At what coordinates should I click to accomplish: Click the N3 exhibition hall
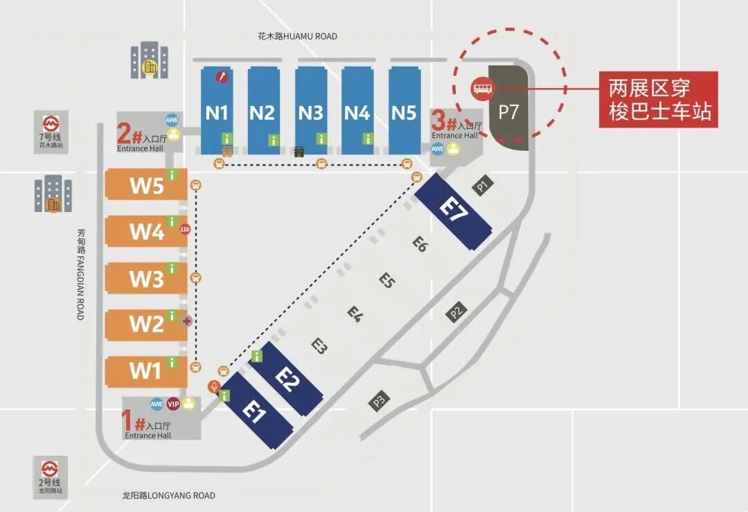coord(311,111)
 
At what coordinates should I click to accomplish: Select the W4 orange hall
coord(146,231)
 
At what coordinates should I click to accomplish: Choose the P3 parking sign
coord(380,400)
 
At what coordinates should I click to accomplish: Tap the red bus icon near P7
coord(481,87)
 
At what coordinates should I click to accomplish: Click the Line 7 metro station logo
coord(50,125)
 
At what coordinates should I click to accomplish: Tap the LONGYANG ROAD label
coord(168,495)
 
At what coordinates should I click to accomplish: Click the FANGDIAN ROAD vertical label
coord(80,274)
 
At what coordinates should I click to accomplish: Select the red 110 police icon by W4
coord(184,229)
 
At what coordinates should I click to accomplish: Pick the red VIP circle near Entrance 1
coord(173,405)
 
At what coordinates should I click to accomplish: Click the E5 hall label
coord(386,280)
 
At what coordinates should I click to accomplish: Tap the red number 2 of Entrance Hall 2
coord(125,132)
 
